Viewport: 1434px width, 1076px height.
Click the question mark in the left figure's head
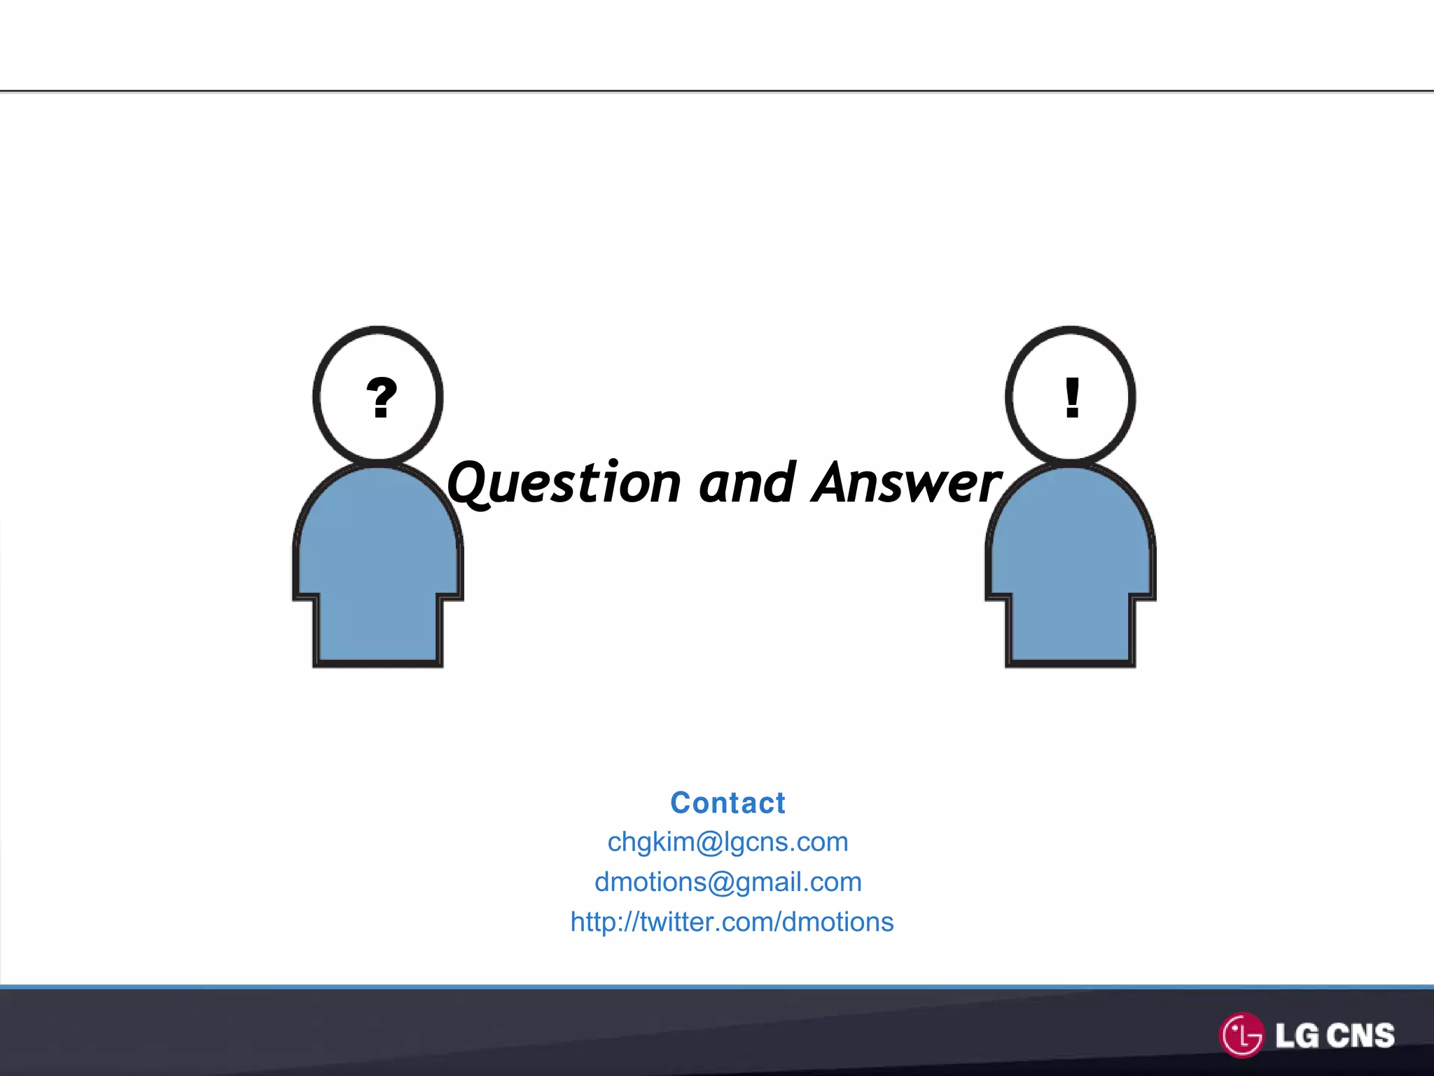click(x=382, y=397)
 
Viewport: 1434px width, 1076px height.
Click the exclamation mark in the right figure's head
click(x=1072, y=397)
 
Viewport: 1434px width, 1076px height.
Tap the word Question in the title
click(x=564, y=483)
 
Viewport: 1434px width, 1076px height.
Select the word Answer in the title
click(x=907, y=483)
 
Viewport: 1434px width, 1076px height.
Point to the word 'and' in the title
click(x=747, y=483)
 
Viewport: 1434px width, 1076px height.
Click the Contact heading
click(x=728, y=803)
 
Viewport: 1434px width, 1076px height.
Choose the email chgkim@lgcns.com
click(x=728, y=842)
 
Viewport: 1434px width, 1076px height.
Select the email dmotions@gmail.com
click(x=728, y=882)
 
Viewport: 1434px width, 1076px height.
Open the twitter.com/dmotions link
click(x=732, y=922)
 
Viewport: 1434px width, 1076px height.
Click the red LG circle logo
click(x=1242, y=1035)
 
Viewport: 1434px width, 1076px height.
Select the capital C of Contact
click(x=681, y=803)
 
